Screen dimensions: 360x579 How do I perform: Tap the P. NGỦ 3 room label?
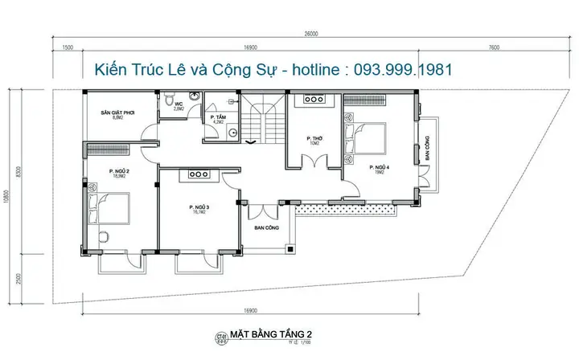[199, 208]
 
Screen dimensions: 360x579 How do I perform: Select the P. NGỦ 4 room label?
[378, 168]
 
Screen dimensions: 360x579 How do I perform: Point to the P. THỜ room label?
[314, 139]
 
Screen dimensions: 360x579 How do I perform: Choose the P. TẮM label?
[217, 119]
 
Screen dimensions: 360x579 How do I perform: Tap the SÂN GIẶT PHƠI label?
[117, 114]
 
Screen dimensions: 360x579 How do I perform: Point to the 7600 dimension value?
[493, 47]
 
